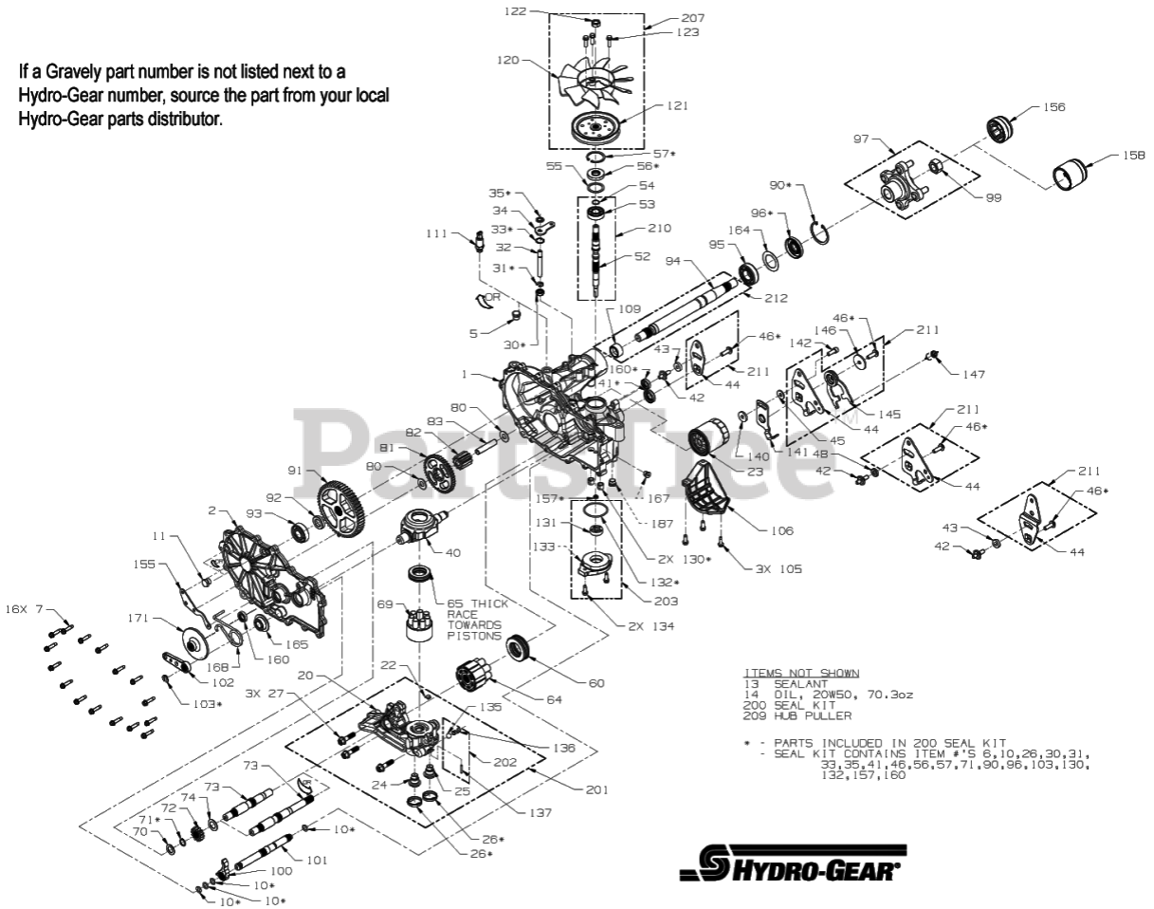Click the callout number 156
(1053, 107)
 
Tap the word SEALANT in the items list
(803, 683)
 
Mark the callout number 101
(316, 861)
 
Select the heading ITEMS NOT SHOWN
(802, 673)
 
